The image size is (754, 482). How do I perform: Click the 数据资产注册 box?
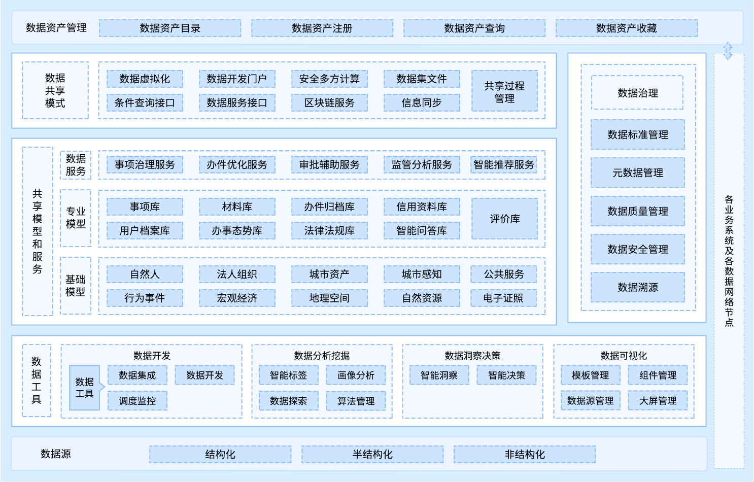click(x=322, y=28)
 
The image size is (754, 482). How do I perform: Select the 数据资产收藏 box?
click(x=627, y=28)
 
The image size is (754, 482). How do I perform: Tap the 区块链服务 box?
click(x=329, y=102)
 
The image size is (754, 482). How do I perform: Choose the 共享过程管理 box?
click(x=504, y=91)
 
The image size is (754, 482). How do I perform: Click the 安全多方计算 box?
click(x=329, y=79)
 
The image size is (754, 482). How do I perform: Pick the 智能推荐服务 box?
click(x=504, y=164)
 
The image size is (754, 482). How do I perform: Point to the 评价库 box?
click(x=504, y=219)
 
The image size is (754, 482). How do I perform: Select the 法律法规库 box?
click(x=329, y=230)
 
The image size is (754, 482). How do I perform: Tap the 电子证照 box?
click(x=503, y=298)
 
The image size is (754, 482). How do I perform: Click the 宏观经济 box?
click(x=237, y=298)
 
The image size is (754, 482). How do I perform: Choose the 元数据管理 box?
click(x=638, y=173)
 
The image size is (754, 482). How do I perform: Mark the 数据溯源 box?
click(x=638, y=287)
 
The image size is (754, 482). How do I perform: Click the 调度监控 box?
click(x=138, y=401)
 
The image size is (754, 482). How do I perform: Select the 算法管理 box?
click(x=356, y=401)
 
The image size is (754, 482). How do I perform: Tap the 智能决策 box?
click(x=506, y=375)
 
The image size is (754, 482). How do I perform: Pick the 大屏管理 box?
click(x=658, y=401)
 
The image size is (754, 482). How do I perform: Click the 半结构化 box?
click(x=372, y=454)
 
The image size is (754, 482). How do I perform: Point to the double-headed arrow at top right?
click(x=728, y=51)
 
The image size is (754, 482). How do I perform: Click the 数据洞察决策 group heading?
click(x=472, y=356)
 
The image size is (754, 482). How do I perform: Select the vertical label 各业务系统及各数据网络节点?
click(x=729, y=261)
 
